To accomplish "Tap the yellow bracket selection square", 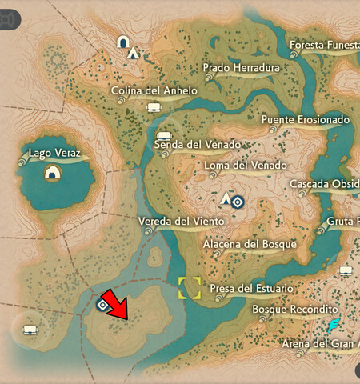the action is pyautogui.click(x=190, y=287).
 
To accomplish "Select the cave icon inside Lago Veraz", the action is pyautogui.click(x=53, y=173).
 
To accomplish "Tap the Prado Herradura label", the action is pyautogui.click(x=241, y=68).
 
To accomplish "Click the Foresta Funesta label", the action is pyautogui.click(x=323, y=45).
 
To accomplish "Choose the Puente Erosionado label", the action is pyautogui.click(x=306, y=120).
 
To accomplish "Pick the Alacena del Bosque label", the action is pyautogui.click(x=250, y=244).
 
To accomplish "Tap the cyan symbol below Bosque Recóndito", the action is pyautogui.click(x=334, y=326).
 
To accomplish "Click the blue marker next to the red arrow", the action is pyautogui.click(x=102, y=305).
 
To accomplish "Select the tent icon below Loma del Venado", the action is pyautogui.click(x=226, y=199).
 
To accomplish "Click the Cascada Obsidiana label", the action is pyautogui.click(x=324, y=185).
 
